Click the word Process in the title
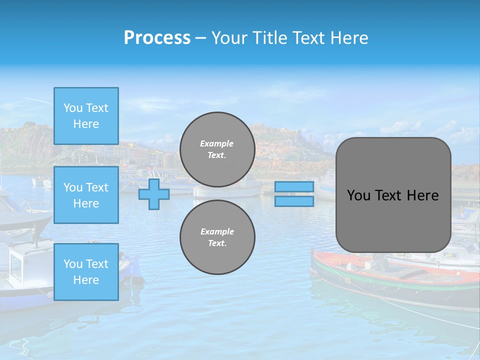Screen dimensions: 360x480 point(157,38)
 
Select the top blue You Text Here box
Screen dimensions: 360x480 point(86,116)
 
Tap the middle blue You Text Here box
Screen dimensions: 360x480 point(86,195)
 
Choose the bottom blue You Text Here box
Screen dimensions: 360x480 point(86,272)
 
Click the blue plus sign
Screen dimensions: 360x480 point(153,194)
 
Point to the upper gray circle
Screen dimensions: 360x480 point(217,149)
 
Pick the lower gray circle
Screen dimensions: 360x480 point(217,237)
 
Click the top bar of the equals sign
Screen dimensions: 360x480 point(294,186)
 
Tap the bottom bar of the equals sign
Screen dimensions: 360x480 point(294,201)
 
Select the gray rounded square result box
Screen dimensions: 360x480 point(393,195)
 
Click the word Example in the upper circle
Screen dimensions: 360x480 point(217,143)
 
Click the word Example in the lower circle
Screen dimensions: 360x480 point(217,231)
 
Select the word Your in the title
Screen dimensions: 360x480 point(228,38)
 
